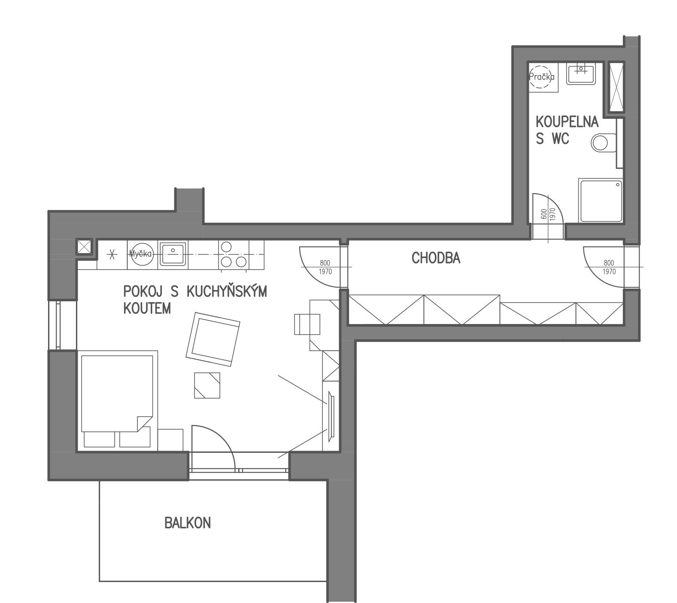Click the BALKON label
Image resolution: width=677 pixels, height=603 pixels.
pos(188,523)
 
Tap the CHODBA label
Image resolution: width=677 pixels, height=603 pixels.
pos(436,258)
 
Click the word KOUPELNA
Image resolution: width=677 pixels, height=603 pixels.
pos(567,122)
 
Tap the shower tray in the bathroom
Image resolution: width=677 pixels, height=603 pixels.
pos(601,200)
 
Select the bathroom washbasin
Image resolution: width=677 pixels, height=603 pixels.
pos(580,73)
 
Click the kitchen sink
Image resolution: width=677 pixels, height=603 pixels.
pos(173,253)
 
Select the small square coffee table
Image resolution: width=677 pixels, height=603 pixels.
pos(207,385)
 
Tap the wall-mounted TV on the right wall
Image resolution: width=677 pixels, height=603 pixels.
pos(331,416)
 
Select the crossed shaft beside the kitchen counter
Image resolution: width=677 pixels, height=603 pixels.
pos(84,247)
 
